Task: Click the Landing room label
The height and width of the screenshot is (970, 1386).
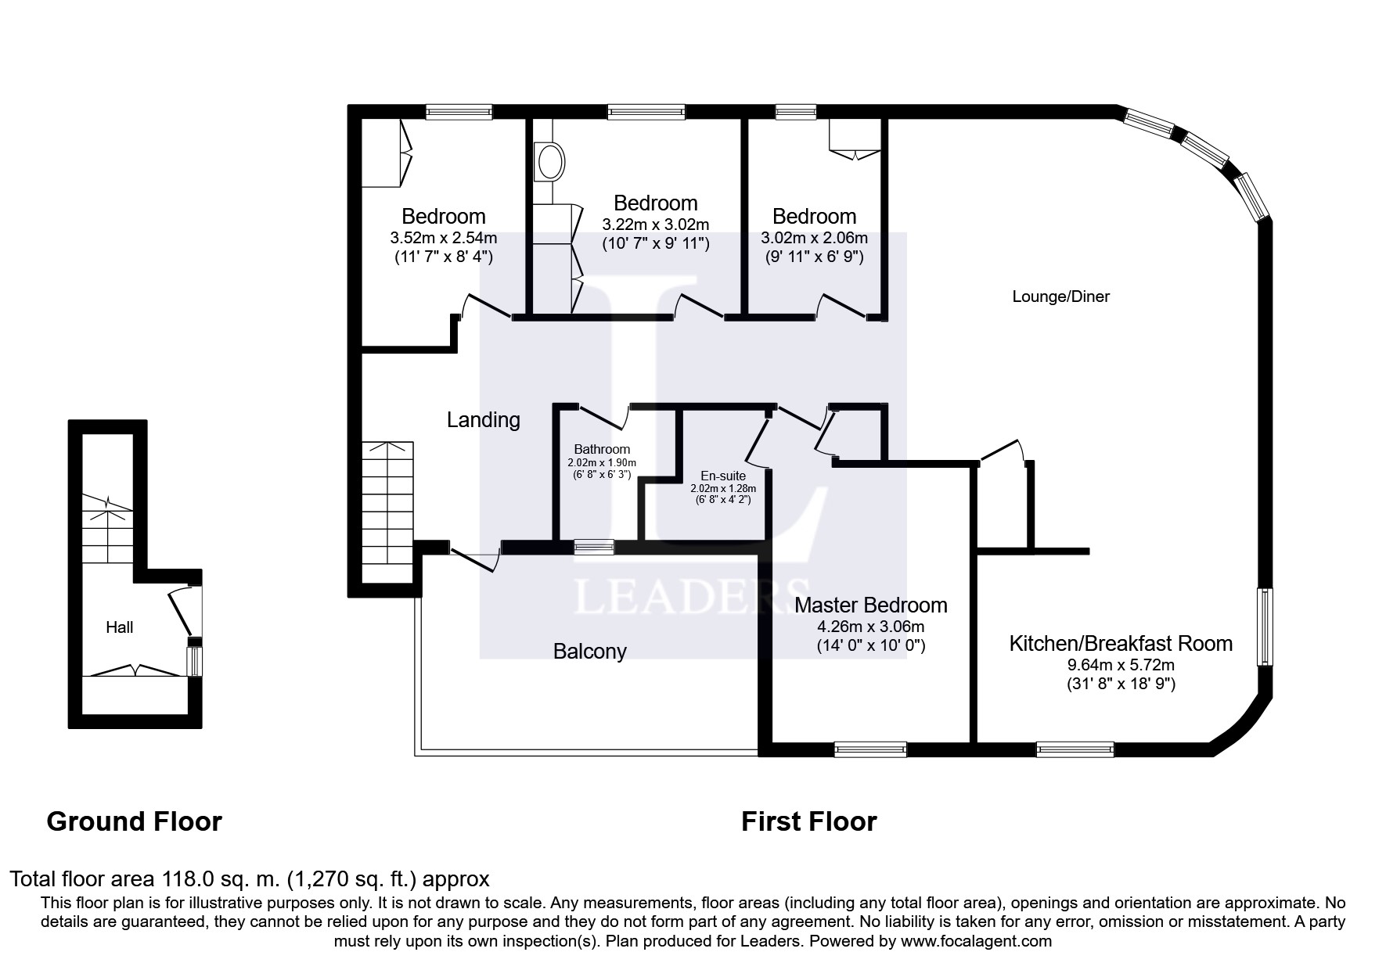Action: click(x=483, y=420)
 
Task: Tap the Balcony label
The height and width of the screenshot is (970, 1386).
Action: click(x=589, y=652)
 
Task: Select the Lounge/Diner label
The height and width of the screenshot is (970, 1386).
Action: click(x=1060, y=296)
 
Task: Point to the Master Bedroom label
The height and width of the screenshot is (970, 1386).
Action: click(x=870, y=605)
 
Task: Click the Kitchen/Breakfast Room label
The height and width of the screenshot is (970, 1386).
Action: click(x=1121, y=644)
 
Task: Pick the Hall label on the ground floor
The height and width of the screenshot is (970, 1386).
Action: click(x=119, y=627)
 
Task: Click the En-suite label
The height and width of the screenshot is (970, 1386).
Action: click(x=722, y=476)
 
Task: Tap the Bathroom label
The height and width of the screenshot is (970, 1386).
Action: click(x=602, y=449)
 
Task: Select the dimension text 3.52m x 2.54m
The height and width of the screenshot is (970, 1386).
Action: click(x=443, y=238)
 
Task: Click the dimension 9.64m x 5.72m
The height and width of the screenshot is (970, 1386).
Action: click(x=1121, y=666)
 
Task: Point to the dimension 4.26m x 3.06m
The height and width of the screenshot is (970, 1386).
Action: click(x=870, y=627)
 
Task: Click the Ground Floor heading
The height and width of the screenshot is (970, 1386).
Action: click(x=135, y=821)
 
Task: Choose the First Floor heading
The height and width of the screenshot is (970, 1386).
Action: click(x=808, y=821)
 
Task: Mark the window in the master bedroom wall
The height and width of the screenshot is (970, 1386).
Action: click(x=870, y=749)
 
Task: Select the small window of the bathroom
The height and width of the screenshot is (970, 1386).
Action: click(x=594, y=547)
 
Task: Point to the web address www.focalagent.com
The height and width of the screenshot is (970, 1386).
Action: click(x=977, y=942)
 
